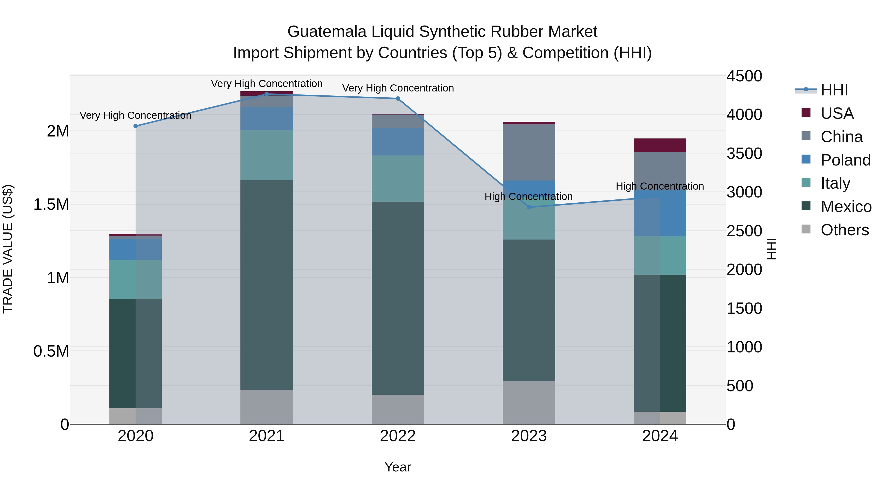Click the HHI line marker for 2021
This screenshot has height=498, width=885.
coord(266,94)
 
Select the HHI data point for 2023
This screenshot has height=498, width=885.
coord(529,207)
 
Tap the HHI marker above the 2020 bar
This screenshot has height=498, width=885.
coord(136,126)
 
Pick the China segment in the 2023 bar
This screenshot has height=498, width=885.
coord(529,152)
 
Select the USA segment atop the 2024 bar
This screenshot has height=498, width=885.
coord(660,145)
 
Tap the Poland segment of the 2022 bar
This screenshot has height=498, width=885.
coord(398,142)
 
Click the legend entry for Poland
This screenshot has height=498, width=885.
coord(845,160)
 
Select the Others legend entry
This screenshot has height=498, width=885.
coord(844,230)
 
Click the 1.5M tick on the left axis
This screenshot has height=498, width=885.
coord(51,205)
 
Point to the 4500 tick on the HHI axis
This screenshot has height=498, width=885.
coord(744,76)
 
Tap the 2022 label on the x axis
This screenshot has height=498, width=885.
coord(398,436)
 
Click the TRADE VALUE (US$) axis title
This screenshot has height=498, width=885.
coord(8,249)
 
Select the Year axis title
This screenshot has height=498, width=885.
coord(398,467)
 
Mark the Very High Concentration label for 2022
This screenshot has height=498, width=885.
coord(398,88)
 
